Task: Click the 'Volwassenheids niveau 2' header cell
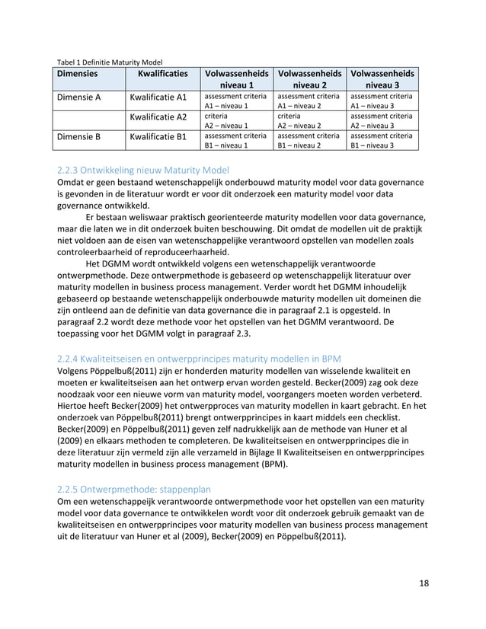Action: point(309,80)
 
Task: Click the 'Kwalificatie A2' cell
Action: point(158,117)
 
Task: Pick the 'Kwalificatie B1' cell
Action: point(158,137)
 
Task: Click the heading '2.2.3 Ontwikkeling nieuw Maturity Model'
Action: point(142,170)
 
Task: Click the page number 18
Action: point(424,583)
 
